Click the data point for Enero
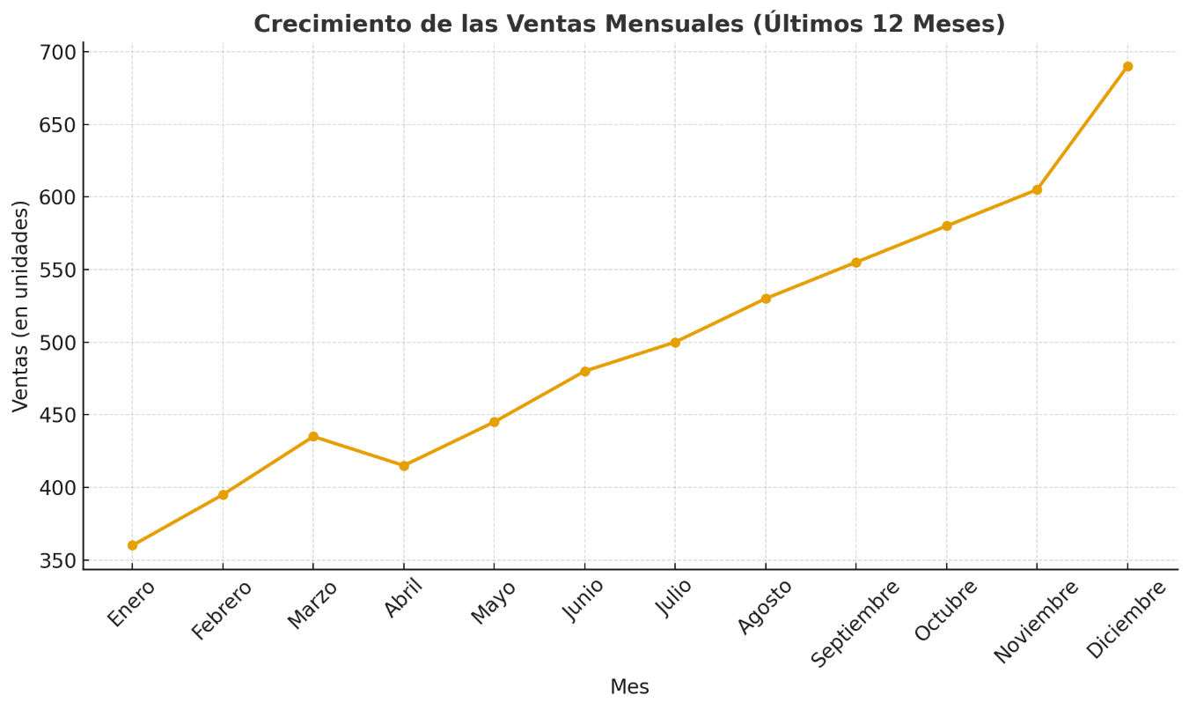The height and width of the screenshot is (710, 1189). click(132, 545)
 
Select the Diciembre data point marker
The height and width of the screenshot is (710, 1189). click(1127, 66)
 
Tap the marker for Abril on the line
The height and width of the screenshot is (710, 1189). click(404, 465)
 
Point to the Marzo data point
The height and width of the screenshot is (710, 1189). click(313, 436)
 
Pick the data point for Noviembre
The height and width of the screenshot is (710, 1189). click(1037, 189)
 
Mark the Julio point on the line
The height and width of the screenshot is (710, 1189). click(675, 342)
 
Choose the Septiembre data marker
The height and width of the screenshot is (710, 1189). click(856, 263)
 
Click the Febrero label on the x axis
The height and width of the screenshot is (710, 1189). click(222, 610)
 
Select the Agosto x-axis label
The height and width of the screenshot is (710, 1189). click(765, 606)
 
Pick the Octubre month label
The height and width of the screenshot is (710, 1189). click(946, 610)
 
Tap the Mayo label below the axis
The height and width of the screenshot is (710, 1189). click(494, 603)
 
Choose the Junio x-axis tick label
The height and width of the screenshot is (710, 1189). click(583, 600)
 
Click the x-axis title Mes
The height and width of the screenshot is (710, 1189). click(629, 687)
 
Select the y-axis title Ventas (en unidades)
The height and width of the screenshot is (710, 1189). click(21, 306)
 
